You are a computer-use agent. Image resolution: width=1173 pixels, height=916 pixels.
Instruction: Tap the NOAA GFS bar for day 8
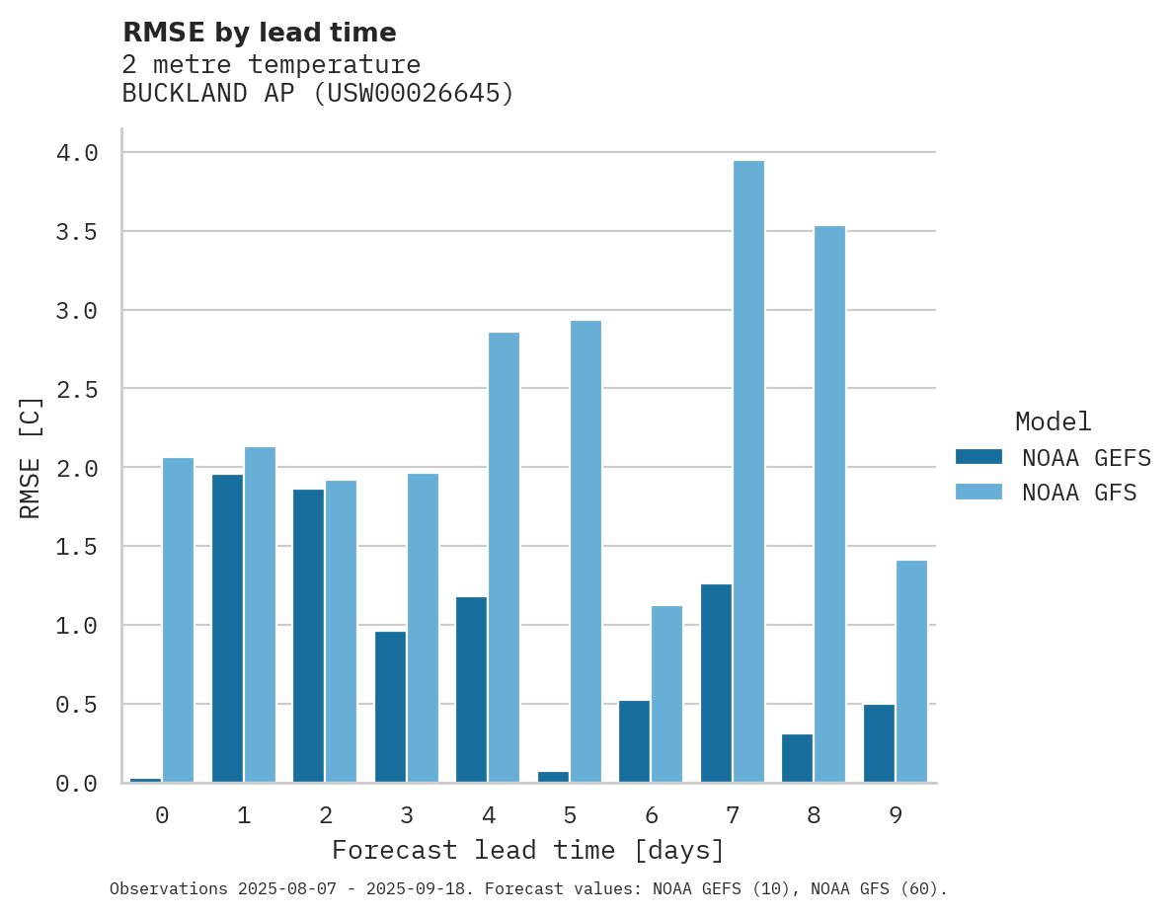(x=829, y=504)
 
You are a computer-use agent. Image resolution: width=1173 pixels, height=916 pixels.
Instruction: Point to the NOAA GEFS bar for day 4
(x=471, y=690)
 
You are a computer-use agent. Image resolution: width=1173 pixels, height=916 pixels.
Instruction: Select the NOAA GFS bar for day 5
(x=586, y=552)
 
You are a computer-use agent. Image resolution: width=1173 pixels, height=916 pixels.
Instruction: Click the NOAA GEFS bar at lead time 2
(x=308, y=636)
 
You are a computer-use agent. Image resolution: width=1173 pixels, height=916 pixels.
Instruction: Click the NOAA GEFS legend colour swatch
(x=978, y=457)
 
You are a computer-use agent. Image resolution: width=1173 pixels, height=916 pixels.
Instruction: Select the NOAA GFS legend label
(x=1079, y=492)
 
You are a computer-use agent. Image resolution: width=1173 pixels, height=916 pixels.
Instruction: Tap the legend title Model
(x=1053, y=421)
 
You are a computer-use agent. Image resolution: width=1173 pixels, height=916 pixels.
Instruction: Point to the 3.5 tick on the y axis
(x=77, y=232)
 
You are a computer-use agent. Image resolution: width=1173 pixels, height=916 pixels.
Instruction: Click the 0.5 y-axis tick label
(x=77, y=705)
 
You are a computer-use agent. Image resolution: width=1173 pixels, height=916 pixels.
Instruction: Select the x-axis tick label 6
(x=652, y=815)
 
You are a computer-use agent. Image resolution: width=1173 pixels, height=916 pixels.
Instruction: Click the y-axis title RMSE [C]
(x=31, y=457)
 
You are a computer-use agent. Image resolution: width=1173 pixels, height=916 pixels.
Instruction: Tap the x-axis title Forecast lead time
(x=528, y=850)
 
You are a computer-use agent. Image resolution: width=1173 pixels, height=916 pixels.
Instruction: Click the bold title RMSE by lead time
(x=260, y=33)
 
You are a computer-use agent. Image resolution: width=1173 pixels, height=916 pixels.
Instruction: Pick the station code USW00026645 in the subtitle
(x=414, y=94)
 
